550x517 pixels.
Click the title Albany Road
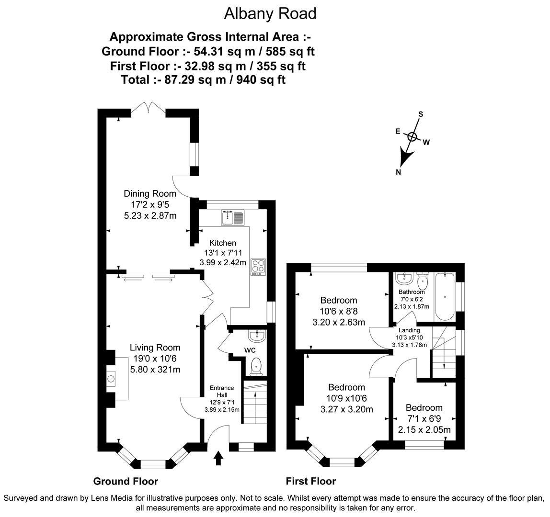coord(270,13)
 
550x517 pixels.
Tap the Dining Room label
coord(150,194)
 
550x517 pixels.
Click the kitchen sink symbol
coord(233,218)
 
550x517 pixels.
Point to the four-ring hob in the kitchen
coord(258,267)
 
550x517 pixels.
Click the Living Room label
coord(155,348)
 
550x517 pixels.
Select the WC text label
coord(250,350)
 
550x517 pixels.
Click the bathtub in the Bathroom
coord(445,297)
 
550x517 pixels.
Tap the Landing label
coord(409,330)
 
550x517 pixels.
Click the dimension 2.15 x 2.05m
coord(424,430)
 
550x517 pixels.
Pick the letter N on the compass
coord(398,173)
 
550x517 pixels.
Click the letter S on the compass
coord(421,114)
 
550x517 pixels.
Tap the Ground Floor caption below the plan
coord(126,481)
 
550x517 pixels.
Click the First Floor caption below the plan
coord(311,481)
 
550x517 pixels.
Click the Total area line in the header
coord(204,80)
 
